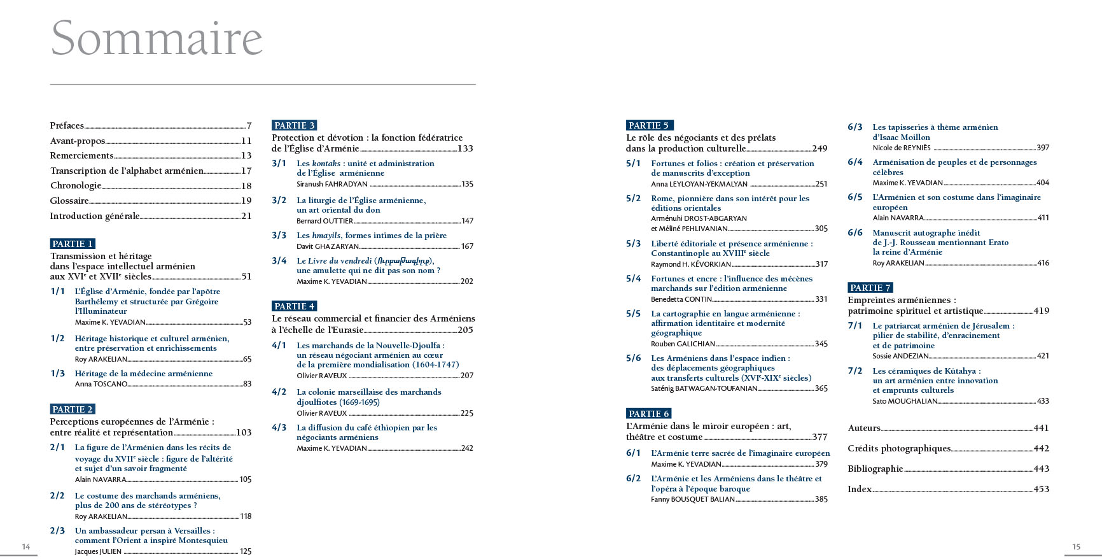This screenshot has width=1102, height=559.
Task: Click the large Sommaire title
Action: tap(157, 38)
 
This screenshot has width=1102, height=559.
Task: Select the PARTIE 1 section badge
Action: tap(73, 244)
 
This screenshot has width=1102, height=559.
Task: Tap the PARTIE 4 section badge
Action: tap(294, 306)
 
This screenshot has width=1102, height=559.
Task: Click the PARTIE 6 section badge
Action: tap(649, 414)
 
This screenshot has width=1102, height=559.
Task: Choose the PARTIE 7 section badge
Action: tap(870, 288)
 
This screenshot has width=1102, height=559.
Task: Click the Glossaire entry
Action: tap(69, 201)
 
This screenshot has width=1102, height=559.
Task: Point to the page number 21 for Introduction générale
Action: tap(247, 216)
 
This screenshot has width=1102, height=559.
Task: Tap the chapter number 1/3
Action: tap(58, 374)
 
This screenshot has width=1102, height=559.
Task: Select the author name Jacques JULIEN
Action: tap(98, 551)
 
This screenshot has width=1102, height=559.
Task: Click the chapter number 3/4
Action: tap(279, 261)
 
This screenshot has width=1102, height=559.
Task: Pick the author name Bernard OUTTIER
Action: tap(324, 221)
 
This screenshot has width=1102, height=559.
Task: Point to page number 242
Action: tap(467, 448)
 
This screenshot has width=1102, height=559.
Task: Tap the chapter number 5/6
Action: tap(634, 358)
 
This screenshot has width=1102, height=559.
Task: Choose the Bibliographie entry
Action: tap(875, 469)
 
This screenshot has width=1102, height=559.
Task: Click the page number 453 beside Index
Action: tap(1041, 489)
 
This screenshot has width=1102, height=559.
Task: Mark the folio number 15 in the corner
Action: tap(1077, 546)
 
